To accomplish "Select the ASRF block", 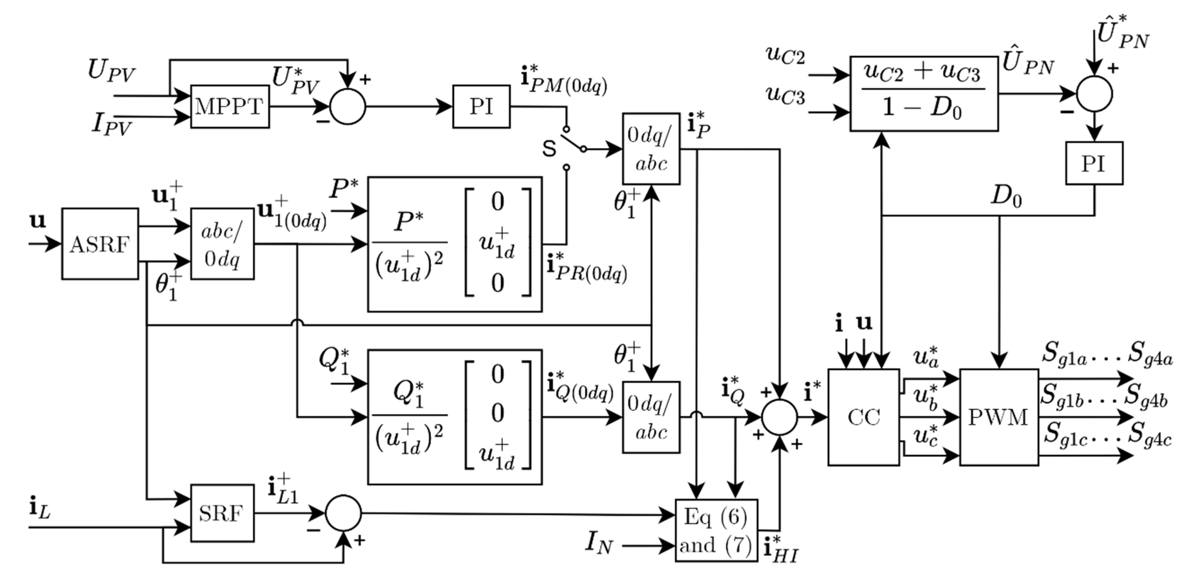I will (x=100, y=244).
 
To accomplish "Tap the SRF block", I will (x=222, y=513).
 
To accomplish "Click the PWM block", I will (x=999, y=417).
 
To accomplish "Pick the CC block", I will (x=863, y=417).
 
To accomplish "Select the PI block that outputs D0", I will (x=1094, y=163).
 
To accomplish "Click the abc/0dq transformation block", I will (x=222, y=244).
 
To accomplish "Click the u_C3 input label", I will (x=785, y=96).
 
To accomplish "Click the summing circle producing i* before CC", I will (x=779, y=417).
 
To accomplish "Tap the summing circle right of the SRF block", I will (x=343, y=513).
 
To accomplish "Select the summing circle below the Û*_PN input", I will (x=1094, y=94).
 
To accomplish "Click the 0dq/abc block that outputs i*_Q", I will (x=651, y=417).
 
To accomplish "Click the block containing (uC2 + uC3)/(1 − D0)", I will (x=924, y=94).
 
